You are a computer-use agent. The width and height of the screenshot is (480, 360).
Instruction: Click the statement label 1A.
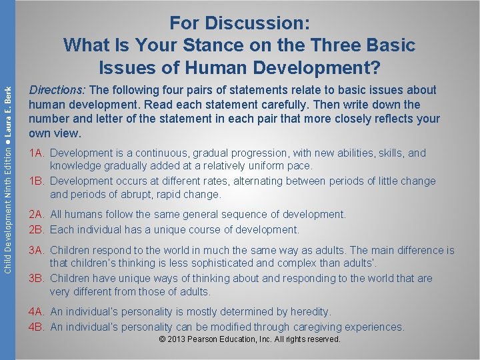(x=37, y=153)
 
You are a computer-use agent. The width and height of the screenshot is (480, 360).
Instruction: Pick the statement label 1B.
(x=37, y=181)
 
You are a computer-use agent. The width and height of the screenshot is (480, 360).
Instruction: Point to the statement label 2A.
(x=37, y=215)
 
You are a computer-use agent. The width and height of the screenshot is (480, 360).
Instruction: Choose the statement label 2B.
(x=37, y=229)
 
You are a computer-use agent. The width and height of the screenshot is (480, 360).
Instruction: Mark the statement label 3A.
(x=37, y=251)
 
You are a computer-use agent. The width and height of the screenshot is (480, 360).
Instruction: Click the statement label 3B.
(x=37, y=278)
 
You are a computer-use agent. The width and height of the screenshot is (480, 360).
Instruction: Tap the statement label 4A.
(x=37, y=312)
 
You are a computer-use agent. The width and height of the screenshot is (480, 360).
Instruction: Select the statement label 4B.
(x=37, y=327)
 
